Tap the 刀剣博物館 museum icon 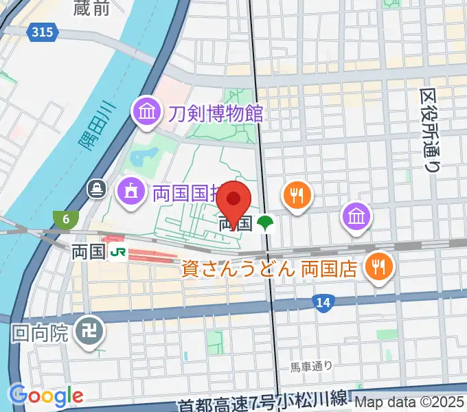click(147, 111)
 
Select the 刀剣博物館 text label click(215, 111)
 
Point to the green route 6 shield click(65, 220)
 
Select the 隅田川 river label click(93, 131)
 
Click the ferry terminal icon click(96, 187)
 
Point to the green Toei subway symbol click(264, 223)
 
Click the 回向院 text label click(41, 334)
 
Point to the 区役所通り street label click(431, 130)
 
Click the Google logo click(45, 396)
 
